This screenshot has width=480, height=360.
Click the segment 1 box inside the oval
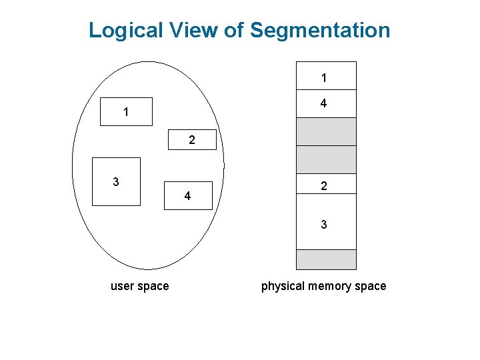click(x=126, y=112)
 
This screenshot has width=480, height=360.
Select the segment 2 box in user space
click(x=192, y=140)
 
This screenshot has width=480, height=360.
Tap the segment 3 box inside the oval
click(x=116, y=181)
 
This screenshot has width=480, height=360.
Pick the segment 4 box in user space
click(x=188, y=196)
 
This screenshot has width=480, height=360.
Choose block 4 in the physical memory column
click(x=325, y=104)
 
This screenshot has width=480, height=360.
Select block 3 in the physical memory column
click(x=325, y=224)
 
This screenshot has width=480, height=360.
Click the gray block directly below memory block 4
click(x=325, y=131)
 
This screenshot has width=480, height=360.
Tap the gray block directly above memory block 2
click(x=325, y=159)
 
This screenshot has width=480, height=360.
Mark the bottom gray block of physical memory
click(x=325, y=259)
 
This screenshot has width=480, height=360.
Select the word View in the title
click(x=199, y=31)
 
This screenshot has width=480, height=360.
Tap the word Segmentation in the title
click(x=320, y=31)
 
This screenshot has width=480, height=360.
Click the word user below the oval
click(x=123, y=286)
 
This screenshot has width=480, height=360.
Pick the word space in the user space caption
click(x=154, y=286)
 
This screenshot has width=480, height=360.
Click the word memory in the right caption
click(x=330, y=286)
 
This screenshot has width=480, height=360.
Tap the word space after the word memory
click(x=371, y=286)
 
